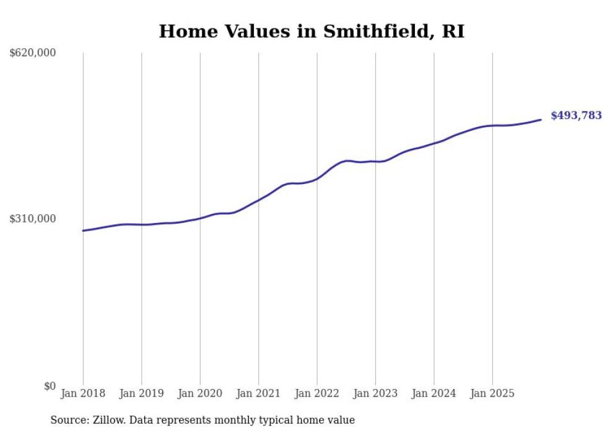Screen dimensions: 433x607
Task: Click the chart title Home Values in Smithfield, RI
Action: pyautogui.click(x=312, y=31)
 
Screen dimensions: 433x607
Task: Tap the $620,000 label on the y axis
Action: pyautogui.click(x=33, y=53)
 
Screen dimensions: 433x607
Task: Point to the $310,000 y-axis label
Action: pyautogui.click(x=33, y=219)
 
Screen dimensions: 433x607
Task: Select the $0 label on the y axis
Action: pyautogui.click(x=50, y=386)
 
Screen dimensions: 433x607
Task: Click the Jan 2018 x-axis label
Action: pyautogui.click(x=83, y=393)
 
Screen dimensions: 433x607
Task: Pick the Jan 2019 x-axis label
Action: pyautogui.click(x=142, y=393)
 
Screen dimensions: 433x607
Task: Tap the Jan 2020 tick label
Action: pyautogui.click(x=200, y=393)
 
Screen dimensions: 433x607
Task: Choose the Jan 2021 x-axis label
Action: pyautogui.click(x=258, y=393)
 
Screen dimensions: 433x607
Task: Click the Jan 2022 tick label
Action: pyautogui.click(x=317, y=393)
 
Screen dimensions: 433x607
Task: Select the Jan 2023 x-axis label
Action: pyautogui.click(x=375, y=393)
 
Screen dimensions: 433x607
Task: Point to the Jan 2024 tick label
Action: pyautogui.click(x=434, y=393)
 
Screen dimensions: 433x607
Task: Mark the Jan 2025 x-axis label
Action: pyautogui.click(x=492, y=393)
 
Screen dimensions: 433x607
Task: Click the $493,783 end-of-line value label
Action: pyautogui.click(x=576, y=115)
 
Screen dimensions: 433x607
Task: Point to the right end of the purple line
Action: pyautogui.click(x=541, y=120)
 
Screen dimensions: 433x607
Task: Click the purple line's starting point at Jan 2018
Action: pyautogui.click(x=83, y=230)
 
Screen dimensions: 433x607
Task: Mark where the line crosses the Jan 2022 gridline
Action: pyautogui.click(x=317, y=178)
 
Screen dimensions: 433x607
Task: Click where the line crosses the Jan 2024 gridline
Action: pyautogui.click(x=434, y=143)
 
